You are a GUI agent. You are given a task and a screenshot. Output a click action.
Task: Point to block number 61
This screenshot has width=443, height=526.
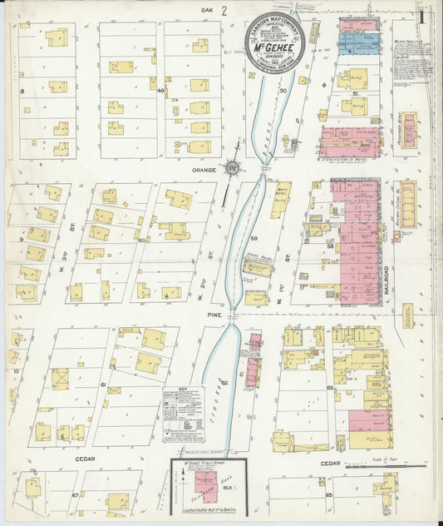tap(104, 385)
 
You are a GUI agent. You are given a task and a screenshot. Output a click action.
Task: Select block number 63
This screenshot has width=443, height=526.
tap(330, 387)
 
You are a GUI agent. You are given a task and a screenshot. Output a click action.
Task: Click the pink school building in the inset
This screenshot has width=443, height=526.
tap(204, 486)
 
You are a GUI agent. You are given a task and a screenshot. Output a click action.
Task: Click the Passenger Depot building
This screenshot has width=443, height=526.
tap(408, 129)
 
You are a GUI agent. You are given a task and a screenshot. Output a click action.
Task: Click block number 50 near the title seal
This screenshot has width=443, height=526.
tap(283, 90)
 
